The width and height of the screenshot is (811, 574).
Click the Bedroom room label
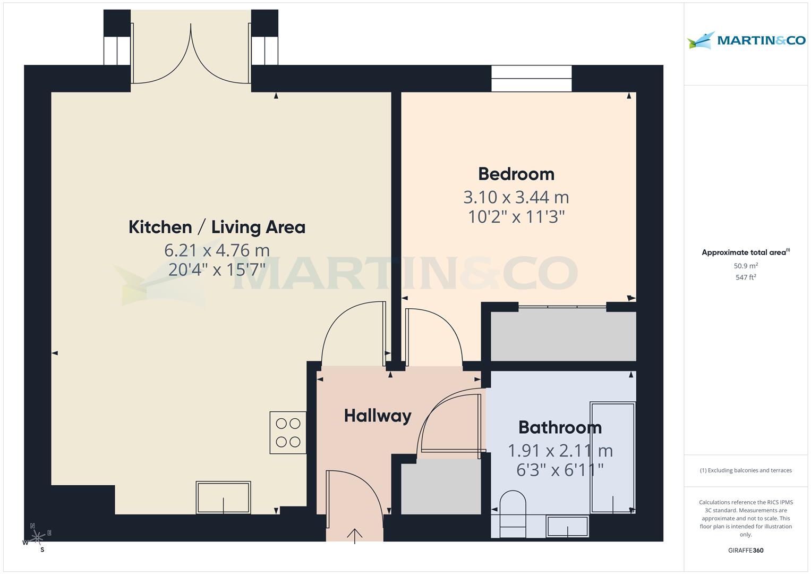pos(516,174)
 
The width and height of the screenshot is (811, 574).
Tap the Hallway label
pos(378,416)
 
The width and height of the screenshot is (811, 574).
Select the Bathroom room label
pos(560,427)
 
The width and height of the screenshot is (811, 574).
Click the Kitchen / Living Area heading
pos(217,227)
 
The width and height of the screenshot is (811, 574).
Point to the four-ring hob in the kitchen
pos(288,433)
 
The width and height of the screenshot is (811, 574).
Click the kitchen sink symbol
pos(223,497)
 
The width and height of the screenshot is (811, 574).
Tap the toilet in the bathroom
pos(513,514)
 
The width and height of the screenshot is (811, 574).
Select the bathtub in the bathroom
pos(613,458)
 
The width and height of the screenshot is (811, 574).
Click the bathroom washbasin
pos(568,526)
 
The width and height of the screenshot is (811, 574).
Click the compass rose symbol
pos(37,538)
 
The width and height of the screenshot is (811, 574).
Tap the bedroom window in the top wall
pos(531,79)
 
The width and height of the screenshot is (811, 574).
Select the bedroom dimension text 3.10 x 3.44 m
pos(516,197)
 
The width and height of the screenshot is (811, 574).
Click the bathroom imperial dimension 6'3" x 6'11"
pos(560,470)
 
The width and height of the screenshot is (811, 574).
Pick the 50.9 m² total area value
pos(746,266)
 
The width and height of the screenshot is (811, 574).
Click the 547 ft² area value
pos(746,277)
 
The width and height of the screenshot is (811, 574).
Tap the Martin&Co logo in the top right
pos(746,41)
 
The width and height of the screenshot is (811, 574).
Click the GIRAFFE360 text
pos(746,550)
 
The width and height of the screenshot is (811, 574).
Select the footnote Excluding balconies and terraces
pos(746,470)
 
